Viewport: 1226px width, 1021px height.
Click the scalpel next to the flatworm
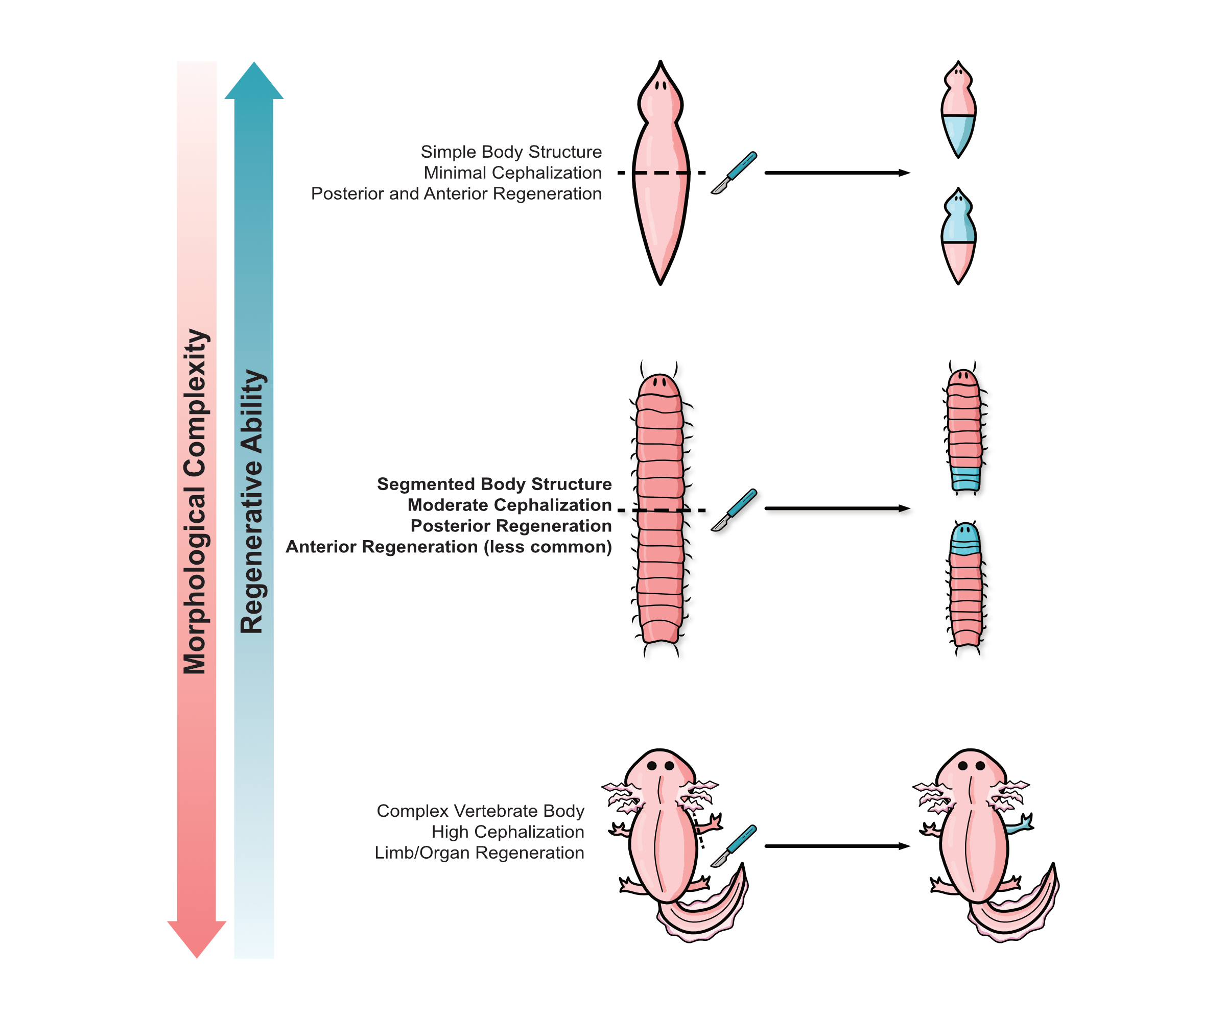735,173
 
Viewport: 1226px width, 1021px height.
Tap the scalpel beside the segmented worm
735,510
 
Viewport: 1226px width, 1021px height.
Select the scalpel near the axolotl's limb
735,845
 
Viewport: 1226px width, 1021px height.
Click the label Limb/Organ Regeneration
479,853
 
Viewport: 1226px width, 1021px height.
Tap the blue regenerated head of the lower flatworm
958,219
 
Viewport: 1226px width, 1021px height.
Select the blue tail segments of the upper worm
965,478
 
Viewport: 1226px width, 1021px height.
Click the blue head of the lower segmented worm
965,539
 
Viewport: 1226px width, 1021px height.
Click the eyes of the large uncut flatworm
661,86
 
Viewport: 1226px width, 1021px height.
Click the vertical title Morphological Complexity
196,502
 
